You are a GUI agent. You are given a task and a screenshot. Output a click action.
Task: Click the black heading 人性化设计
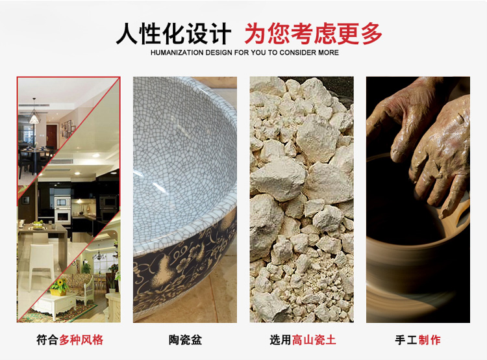[173, 34]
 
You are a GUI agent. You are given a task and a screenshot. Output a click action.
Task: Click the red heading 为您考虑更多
[313, 34]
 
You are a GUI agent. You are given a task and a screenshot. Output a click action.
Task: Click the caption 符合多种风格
[69, 339]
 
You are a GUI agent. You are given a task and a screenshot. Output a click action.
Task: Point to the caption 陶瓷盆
[185, 339]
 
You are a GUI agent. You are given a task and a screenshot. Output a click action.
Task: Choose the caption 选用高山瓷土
[303, 339]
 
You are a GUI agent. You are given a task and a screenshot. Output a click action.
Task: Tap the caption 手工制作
[418, 339]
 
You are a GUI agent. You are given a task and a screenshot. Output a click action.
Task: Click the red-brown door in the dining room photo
[51, 136]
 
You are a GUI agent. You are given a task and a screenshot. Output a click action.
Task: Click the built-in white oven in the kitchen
[62, 216]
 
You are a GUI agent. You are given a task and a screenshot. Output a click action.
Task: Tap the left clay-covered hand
[404, 118]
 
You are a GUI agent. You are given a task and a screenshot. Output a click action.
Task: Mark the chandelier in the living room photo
[99, 255]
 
